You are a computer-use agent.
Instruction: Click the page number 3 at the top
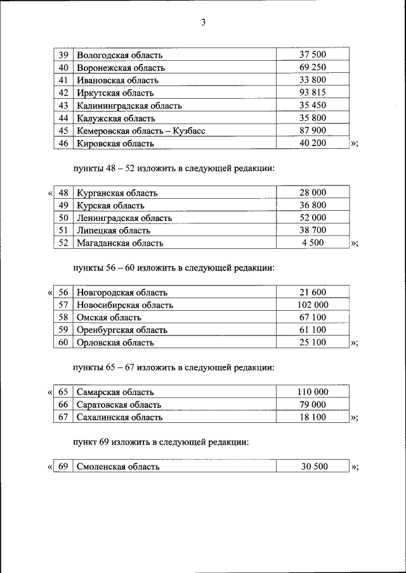coord(203,23)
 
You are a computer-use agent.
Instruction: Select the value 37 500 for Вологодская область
coord(313,55)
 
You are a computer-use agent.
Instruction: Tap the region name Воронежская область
coord(121,68)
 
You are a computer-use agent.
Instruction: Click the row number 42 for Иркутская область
coord(63,93)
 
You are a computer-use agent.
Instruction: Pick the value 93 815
coord(313,93)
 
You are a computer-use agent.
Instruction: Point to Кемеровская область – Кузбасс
coord(140,131)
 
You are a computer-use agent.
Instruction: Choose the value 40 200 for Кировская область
coord(313,144)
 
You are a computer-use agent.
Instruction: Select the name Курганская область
coord(117,193)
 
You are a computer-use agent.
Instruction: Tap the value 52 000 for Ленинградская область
coord(313,218)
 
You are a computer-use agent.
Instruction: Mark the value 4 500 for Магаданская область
coord(313,242)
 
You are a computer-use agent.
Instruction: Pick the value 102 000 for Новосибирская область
coord(313,305)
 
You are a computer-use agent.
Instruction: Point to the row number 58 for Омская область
coord(63,317)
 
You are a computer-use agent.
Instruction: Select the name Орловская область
coord(115,343)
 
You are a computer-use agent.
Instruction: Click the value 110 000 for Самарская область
coord(313,392)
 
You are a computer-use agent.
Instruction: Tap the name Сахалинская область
coord(119,417)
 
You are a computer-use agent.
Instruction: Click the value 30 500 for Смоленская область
coord(313,467)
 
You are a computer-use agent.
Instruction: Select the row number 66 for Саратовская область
coord(63,405)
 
